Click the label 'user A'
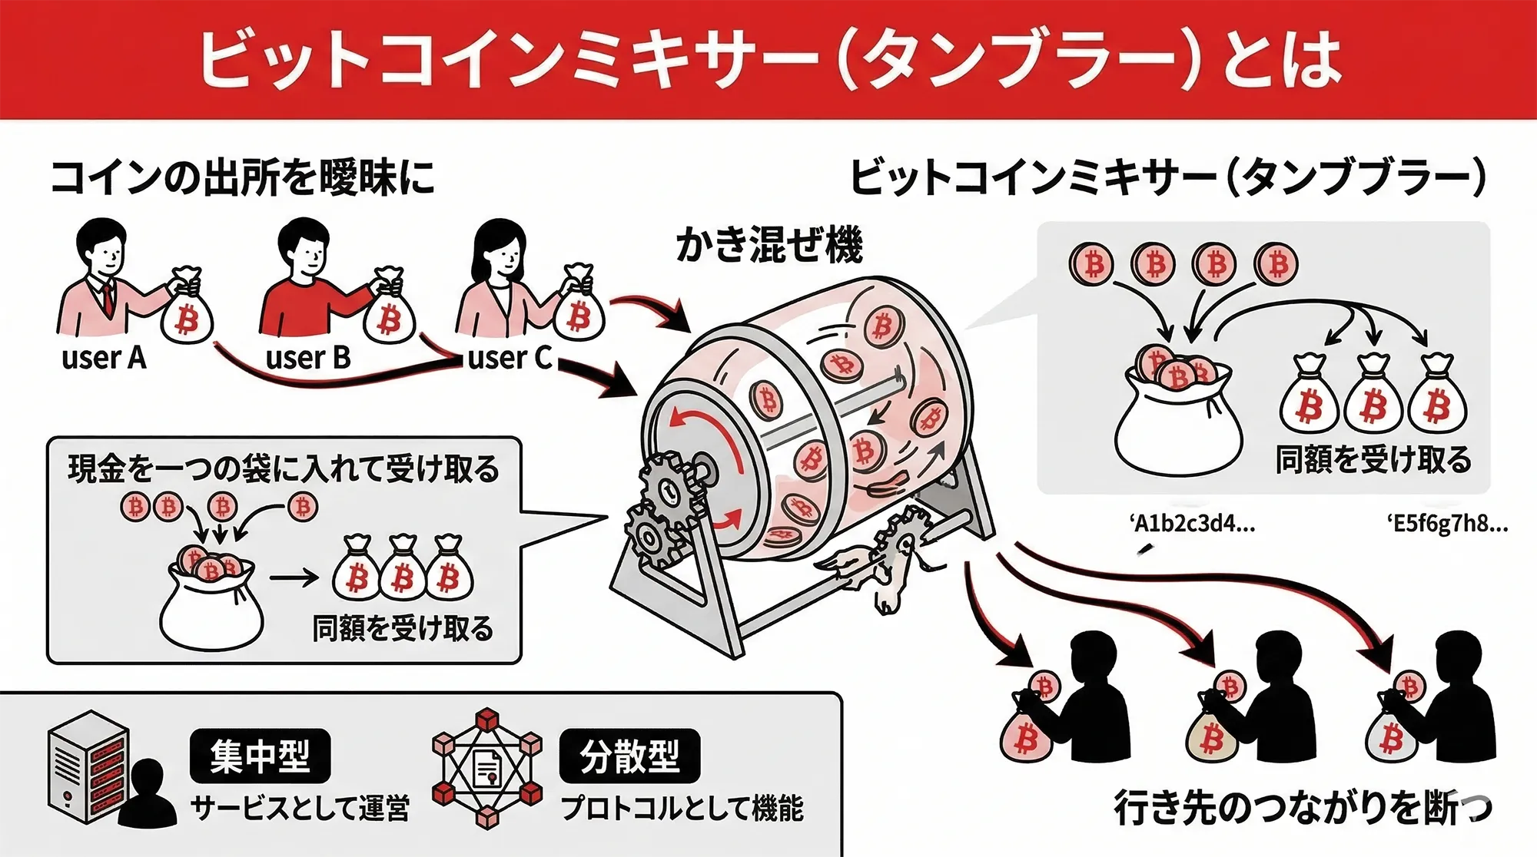[x=104, y=358]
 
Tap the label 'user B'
[x=308, y=358]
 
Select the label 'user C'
[x=510, y=358]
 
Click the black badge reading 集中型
[x=260, y=756]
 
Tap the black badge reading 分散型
[x=629, y=756]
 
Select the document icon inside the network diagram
[x=487, y=768]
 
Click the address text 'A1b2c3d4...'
[x=1193, y=524]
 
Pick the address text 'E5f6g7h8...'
[x=1448, y=524]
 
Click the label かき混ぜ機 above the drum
[x=769, y=245]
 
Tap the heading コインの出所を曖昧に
[x=243, y=178]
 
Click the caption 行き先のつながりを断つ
[x=1302, y=808]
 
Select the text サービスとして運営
[x=300, y=809]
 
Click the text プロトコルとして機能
[x=682, y=809]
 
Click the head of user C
[x=500, y=246]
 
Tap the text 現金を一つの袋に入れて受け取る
[x=284, y=468]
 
